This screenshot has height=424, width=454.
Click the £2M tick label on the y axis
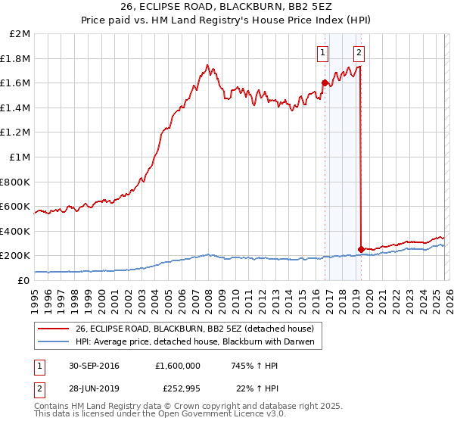pos(20,34)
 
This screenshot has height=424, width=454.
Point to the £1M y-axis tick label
pos(20,157)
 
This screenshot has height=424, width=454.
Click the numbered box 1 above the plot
pos(323,52)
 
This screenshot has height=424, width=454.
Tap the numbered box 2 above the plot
pos(359,52)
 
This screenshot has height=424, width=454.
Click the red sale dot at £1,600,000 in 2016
pos(325,83)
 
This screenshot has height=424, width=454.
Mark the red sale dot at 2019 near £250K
pos(361,248)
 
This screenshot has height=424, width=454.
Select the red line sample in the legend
pos(54,328)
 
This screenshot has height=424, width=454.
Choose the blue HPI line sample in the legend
pos(54,341)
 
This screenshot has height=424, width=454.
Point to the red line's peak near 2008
pos(207,65)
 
